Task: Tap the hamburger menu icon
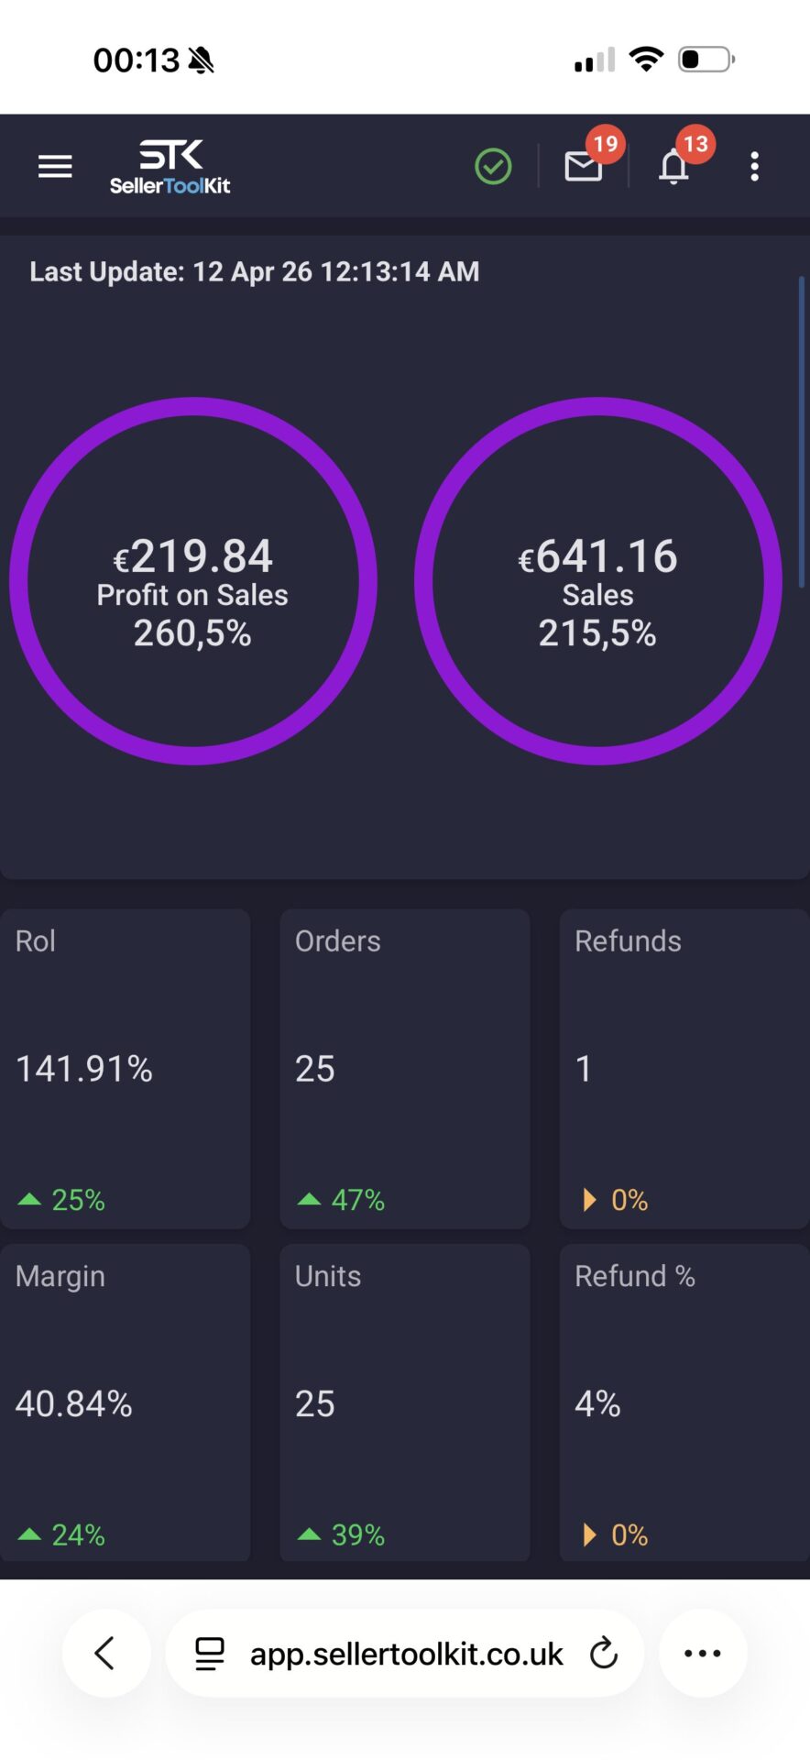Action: (55, 167)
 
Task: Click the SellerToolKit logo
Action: (170, 167)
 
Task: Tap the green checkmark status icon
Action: (493, 167)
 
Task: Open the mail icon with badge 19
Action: (584, 167)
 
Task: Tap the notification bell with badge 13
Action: (674, 167)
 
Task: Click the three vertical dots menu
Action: (754, 167)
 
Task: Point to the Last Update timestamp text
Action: (255, 271)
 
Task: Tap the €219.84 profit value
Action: (193, 555)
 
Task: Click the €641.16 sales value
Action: (598, 555)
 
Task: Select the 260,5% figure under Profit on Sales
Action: (192, 633)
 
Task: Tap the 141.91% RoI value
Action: (84, 1069)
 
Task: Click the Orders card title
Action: (337, 941)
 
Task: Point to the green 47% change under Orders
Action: (356, 1200)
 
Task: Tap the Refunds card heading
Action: (628, 941)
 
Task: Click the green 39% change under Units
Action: (356, 1535)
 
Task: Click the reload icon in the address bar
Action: (604, 1654)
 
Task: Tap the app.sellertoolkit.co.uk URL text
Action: (406, 1654)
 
